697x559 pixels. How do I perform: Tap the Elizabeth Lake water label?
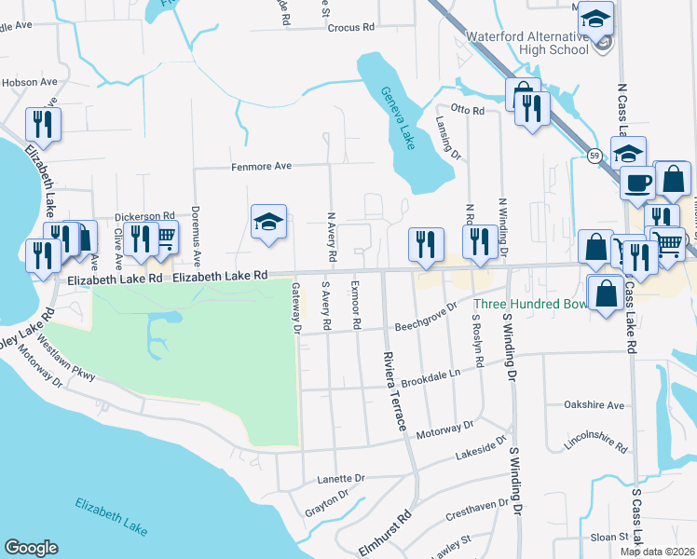tap(111, 517)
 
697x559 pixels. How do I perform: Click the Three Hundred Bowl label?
tap(528, 304)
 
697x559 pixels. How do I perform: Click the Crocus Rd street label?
tap(350, 28)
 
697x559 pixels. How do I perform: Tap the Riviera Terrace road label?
tap(394, 390)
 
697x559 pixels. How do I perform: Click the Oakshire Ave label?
tap(594, 405)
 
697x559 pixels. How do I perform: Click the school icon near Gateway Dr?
tap(268, 222)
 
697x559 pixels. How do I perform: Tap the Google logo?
tap(31, 548)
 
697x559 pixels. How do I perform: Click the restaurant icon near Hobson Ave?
tap(43, 121)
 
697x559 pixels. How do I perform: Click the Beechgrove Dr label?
tap(426, 317)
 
